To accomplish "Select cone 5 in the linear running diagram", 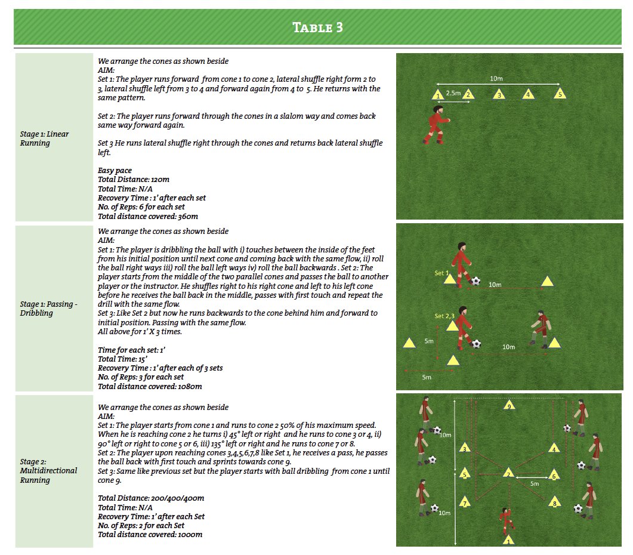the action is point(559,94).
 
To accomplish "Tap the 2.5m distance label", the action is point(453,93).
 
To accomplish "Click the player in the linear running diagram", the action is point(436,125).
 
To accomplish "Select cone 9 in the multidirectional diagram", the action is point(508,406).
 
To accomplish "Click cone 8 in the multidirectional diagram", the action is point(555,502).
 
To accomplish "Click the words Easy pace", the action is point(115,171).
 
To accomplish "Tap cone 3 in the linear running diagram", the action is point(499,94).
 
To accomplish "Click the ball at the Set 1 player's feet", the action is point(475,280).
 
